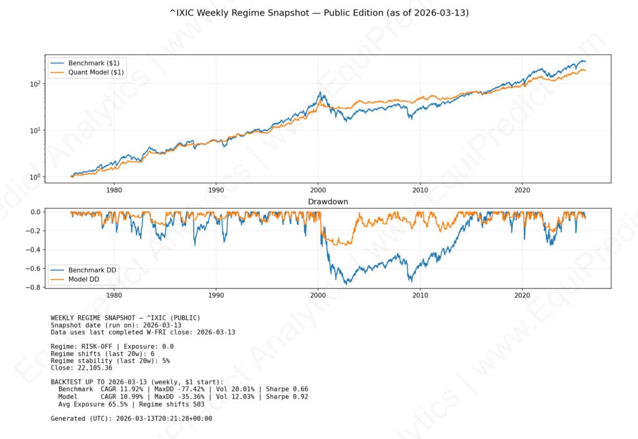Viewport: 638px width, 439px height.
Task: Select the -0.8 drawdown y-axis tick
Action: (x=36, y=288)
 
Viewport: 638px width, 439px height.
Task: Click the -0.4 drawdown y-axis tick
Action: (x=36, y=250)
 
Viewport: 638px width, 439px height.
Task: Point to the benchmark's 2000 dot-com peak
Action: (x=320, y=93)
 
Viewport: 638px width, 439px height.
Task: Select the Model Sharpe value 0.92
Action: (x=300, y=397)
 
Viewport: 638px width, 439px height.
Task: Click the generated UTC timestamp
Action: (x=164, y=418)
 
